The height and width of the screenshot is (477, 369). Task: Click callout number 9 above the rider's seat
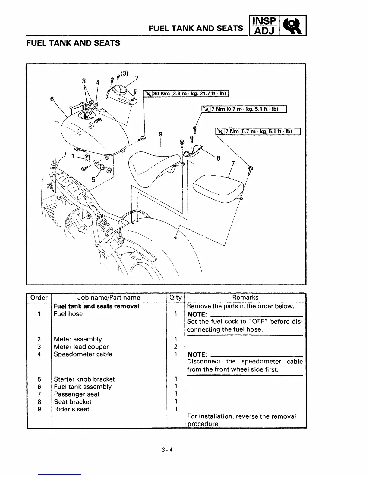(160, 134)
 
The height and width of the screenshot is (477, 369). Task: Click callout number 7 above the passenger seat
(233, 164)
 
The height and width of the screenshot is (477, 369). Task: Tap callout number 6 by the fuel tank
(52, 99)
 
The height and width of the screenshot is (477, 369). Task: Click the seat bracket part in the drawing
(193, 151)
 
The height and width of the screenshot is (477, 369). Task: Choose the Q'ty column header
(175, 298)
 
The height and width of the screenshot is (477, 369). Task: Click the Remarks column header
(245, 298)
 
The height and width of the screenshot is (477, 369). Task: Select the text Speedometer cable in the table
(83, 354)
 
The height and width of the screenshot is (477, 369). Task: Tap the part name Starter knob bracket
(84, 379)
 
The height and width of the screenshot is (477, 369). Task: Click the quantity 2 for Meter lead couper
(175, 347)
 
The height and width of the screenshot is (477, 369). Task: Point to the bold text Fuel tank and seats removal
(96, 306)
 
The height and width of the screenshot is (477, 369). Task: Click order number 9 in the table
(39, 409)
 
